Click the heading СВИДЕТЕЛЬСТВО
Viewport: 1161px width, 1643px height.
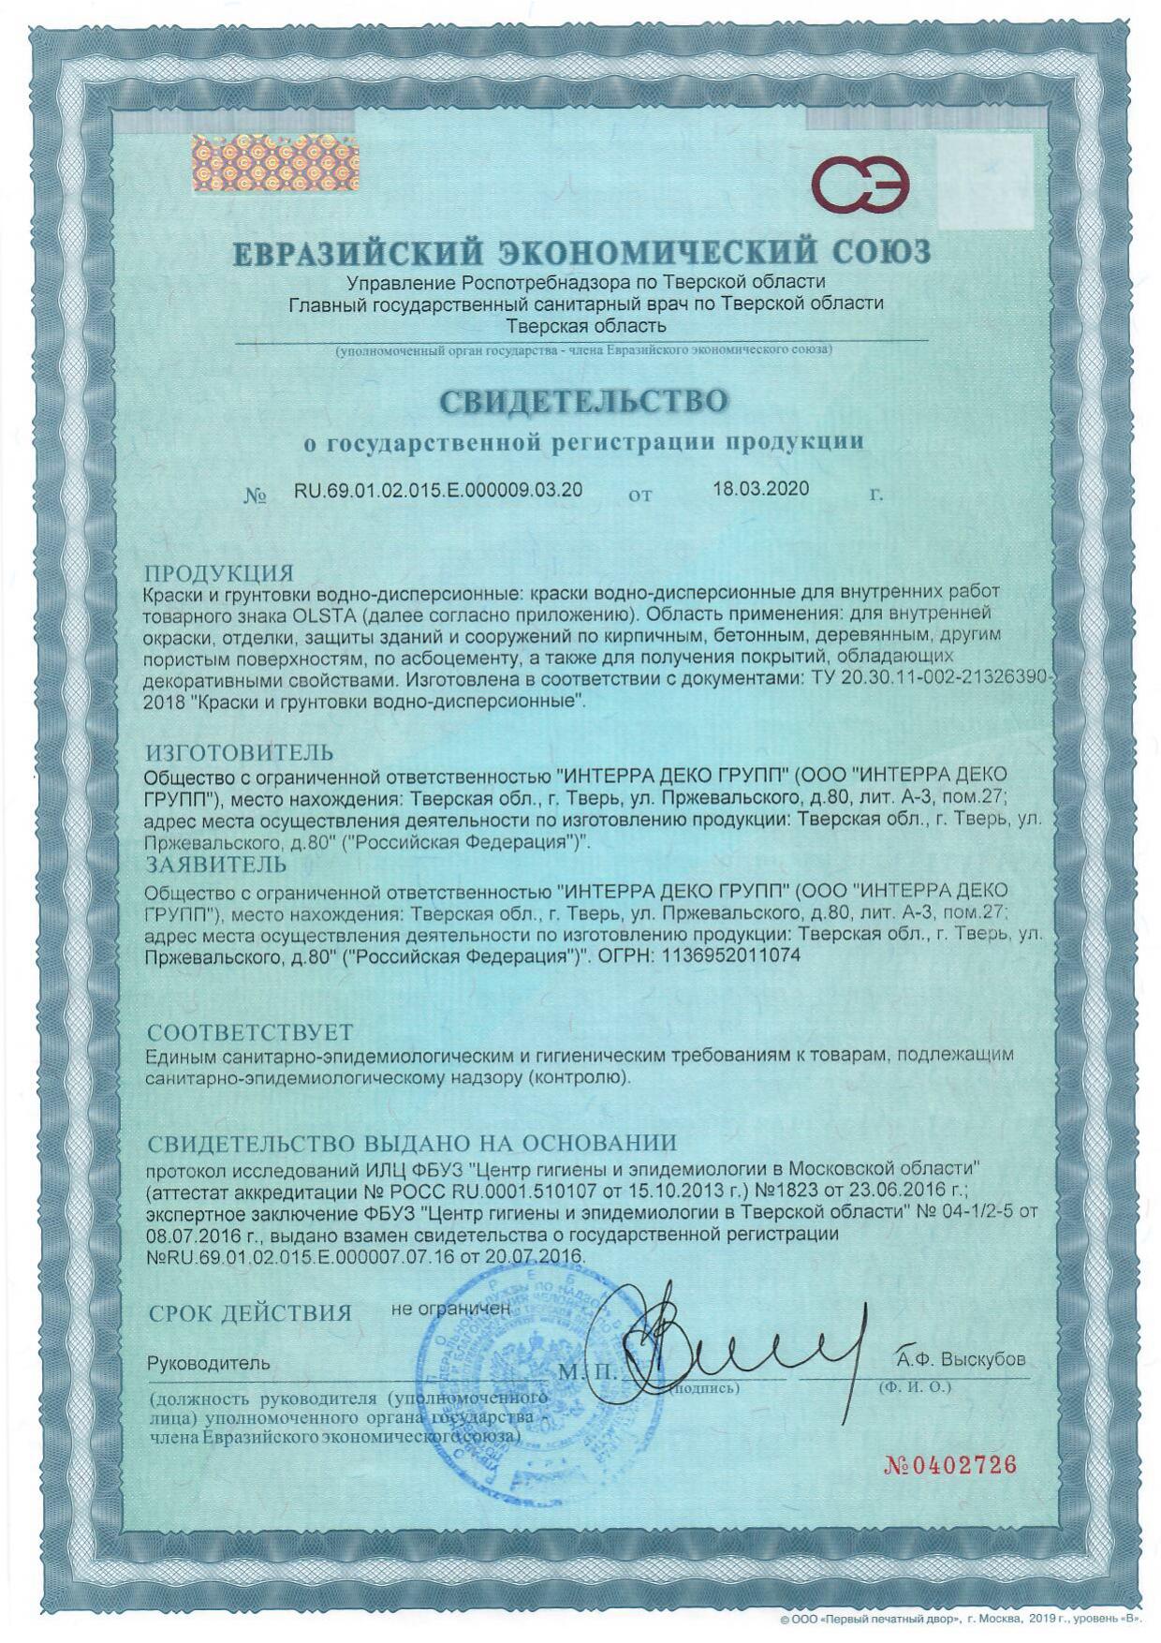(x=584, y=401)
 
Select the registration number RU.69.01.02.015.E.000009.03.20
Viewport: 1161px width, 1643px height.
(x=438, y=489)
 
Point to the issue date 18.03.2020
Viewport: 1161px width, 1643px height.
(x=760, y=488)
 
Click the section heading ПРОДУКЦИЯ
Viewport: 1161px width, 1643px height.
(x=218, y=572)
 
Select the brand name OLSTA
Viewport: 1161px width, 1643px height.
(x=319, y=615)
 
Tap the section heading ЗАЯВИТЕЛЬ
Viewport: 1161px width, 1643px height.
(x=216, y=863)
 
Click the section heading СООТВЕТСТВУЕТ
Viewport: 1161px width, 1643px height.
(x=250, y=1032)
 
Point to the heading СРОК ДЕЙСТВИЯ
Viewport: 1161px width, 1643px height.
(x=250, y=1313)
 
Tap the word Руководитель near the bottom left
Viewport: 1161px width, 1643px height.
(x=209, y=1363)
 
